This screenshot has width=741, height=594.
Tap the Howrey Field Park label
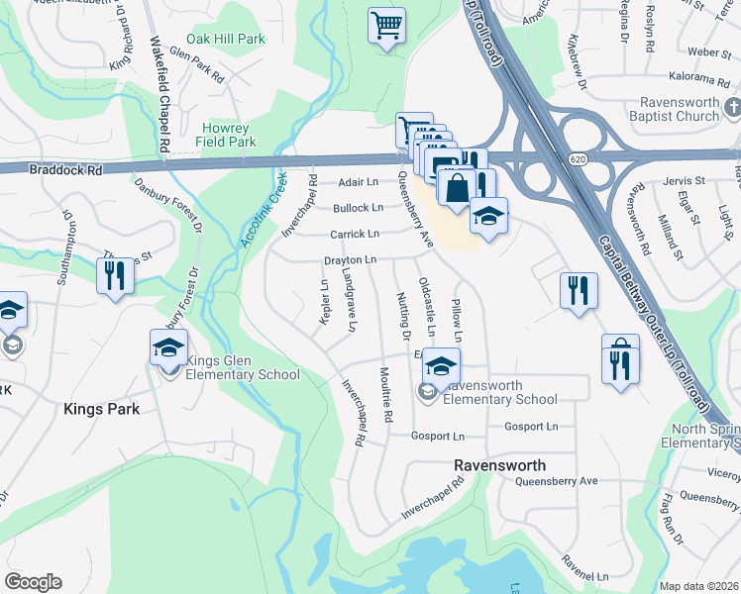click(x=229, y=135)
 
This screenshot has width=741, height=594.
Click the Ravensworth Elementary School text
click(x=500, y=392)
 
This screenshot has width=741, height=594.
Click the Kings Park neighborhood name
click(x=101, y=408)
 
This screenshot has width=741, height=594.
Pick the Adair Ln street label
click(x=359, y=182)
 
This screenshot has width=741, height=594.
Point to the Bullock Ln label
click(x=358, y=208)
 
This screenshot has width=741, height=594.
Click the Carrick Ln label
click(x=354, y=234)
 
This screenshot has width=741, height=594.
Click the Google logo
click(x=33, y=582)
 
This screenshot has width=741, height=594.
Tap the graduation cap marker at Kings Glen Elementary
click(x=169, y=346)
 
